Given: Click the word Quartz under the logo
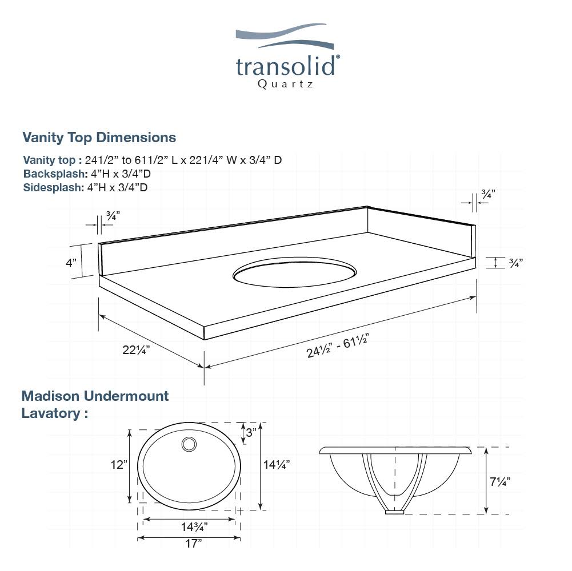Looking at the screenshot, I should [285, 84].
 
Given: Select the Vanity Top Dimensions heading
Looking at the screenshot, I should [99, 138].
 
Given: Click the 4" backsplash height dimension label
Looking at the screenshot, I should [70, 263].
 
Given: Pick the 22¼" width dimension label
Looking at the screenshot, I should [137, 350].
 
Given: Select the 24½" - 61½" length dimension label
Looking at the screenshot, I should [336, 345].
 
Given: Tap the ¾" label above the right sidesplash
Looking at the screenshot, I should [487, 195].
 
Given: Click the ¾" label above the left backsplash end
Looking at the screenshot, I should [113, 216].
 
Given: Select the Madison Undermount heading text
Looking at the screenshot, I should [95, 396].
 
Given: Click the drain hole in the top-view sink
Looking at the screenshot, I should [188, 444].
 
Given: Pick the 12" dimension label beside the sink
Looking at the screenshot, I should [119, 465].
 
